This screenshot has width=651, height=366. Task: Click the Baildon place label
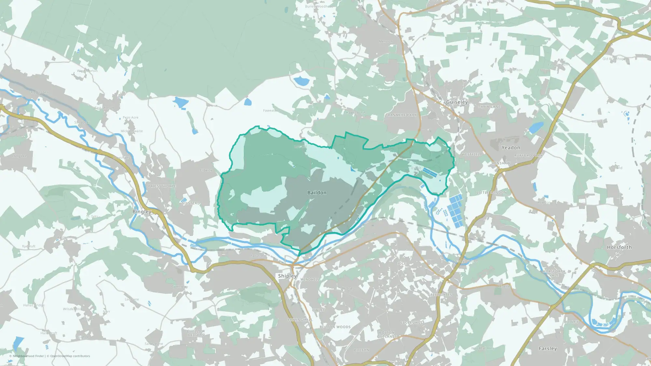point(317,193)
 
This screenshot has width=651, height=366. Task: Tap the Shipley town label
point(287,276)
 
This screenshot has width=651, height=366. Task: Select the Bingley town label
point(142,211)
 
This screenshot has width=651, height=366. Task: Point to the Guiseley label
point(457,102)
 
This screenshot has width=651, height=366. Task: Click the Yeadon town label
point(511,147)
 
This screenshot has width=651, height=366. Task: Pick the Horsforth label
point(619,247)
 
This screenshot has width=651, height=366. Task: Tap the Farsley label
point(547,348)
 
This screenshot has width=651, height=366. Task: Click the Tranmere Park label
point(401,115)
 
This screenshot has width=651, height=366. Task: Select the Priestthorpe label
point(162,186)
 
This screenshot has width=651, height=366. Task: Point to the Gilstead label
point(191,203)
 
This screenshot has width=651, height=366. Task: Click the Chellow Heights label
point(196,333)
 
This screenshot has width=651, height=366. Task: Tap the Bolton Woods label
point(335,327)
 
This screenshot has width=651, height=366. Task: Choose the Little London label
point(492,193)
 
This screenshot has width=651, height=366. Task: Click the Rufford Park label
point(528,156)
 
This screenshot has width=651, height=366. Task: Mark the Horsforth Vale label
point(554,273)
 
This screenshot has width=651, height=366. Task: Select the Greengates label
point(440,295)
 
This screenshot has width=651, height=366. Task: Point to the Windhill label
point(310,279)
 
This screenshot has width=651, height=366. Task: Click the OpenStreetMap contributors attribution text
point(70,356)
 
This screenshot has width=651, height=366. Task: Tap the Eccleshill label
point(412,322)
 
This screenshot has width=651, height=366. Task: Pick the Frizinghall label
point(300,320)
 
